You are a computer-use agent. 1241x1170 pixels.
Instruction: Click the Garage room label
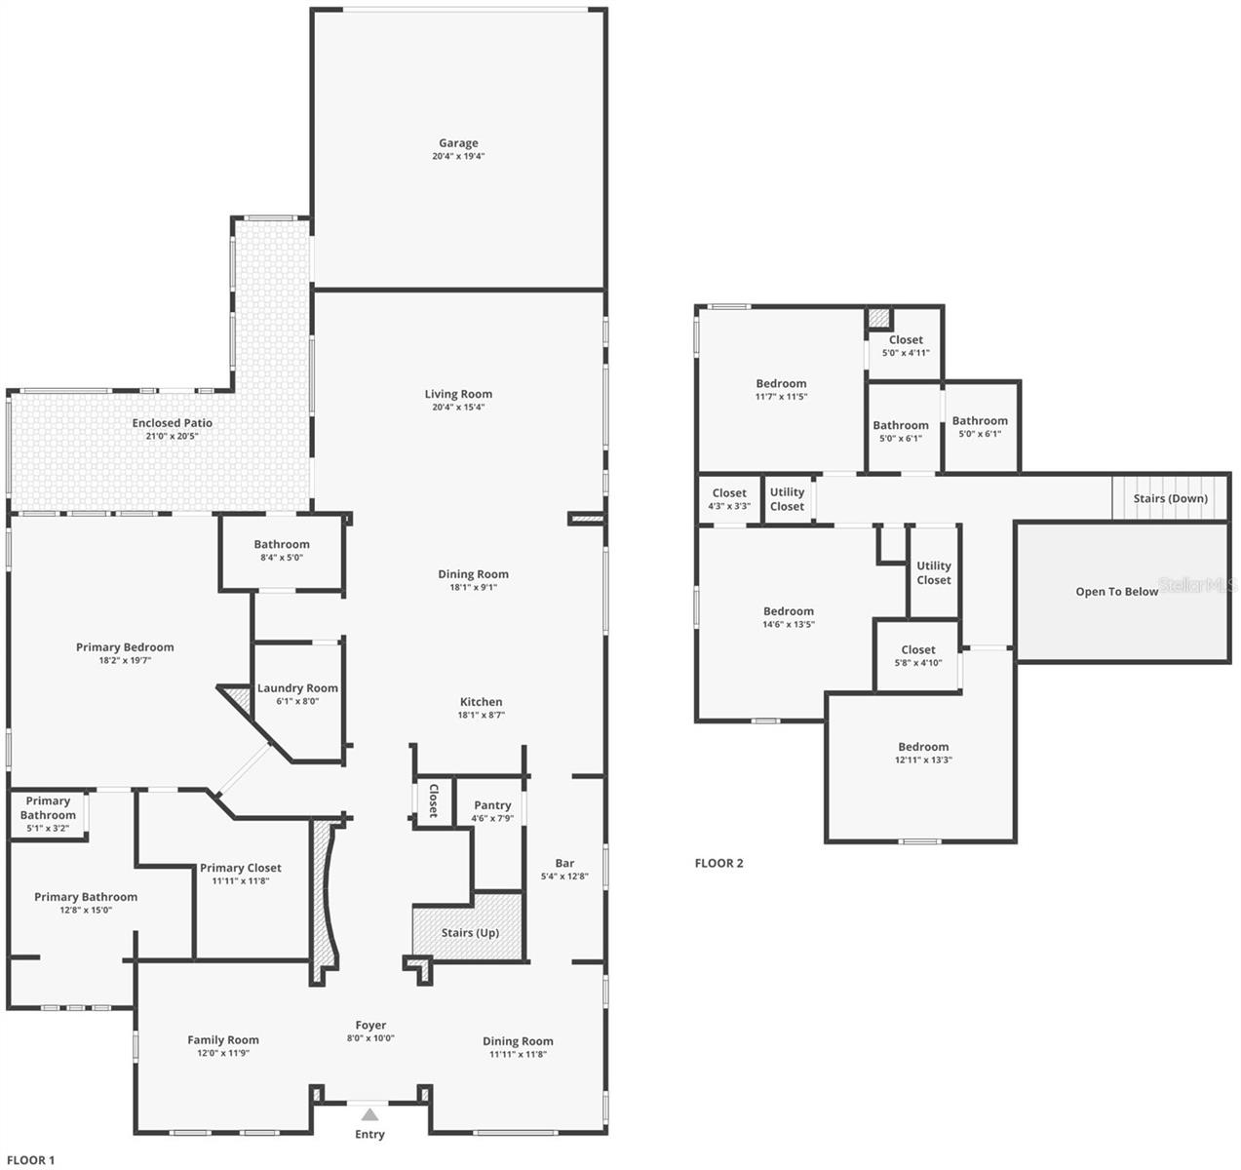tap(458, 143)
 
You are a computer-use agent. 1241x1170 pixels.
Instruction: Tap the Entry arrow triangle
tap(369, 1114)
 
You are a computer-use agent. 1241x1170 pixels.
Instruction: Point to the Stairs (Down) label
tap(1171, 499)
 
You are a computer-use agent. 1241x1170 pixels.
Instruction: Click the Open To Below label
tap(1116, 591)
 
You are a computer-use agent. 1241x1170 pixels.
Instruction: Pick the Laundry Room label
tap(297, 688)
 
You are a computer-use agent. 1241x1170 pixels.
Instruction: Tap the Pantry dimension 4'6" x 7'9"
tap(492, 818)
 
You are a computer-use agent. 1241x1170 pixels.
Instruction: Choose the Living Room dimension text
tap(458, 407)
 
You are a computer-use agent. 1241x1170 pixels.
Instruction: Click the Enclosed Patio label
tap(172, 423)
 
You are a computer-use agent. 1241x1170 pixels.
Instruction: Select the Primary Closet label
tap(241, 868)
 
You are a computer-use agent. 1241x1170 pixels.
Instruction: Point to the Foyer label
tap(370, 1025)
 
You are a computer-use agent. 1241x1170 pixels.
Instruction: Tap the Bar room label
tap(564, 863)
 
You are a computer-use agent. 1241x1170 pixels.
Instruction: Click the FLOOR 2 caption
tap(719, 863)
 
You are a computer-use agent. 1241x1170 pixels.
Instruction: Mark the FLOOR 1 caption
tap(30, 1160)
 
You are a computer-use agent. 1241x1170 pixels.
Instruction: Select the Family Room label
tap(223, 1040)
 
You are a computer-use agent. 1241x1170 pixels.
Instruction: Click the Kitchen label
tap(482, 702)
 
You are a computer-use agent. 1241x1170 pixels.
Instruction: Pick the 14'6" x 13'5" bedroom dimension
tap(789, 624)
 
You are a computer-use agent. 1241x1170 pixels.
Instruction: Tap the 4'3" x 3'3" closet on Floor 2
tap(729, 499)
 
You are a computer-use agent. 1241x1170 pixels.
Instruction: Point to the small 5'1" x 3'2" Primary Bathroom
tap(48, 814)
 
